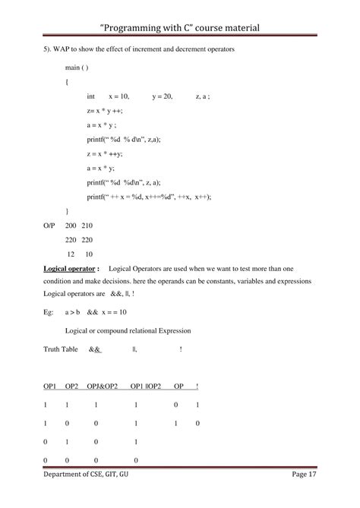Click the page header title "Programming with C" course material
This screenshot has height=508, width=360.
[x=180, y=28]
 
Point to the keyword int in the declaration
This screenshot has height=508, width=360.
[x=91, y=96]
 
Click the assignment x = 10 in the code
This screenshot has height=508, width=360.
[x=119, y=96]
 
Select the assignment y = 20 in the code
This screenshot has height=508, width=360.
[x=163, y=96]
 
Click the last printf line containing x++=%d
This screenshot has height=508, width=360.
[x=149, y=196]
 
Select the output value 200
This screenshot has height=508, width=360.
[x=71, y=226]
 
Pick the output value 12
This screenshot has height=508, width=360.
[x=71, y=254]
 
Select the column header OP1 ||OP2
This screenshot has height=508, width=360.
[x=145, y=386]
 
